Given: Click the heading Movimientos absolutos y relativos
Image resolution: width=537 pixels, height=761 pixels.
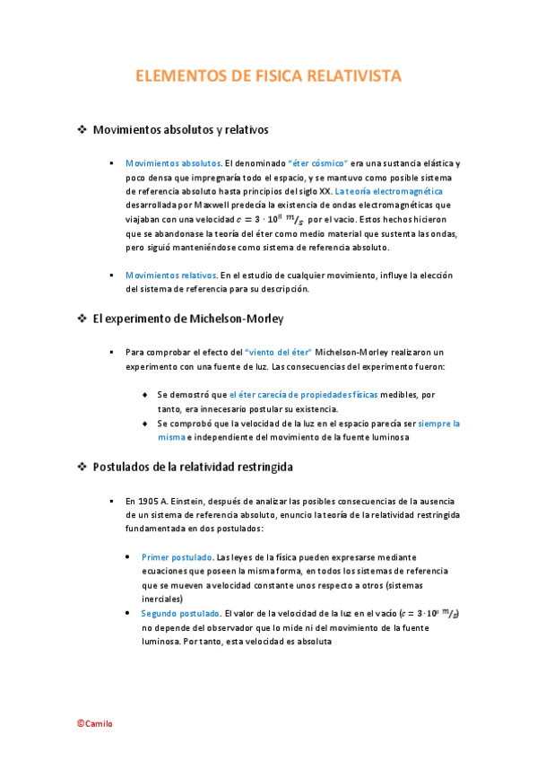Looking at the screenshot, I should tap(180, 129).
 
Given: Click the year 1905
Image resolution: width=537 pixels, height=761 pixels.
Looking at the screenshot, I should tap(148, 501).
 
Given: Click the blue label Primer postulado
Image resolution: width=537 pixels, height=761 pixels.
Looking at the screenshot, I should tap(177, 557).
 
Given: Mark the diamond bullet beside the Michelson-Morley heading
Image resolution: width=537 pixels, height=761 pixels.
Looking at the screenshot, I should tap(82, 319).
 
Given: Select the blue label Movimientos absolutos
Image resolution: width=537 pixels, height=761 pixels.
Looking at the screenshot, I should tap(173, 163).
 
